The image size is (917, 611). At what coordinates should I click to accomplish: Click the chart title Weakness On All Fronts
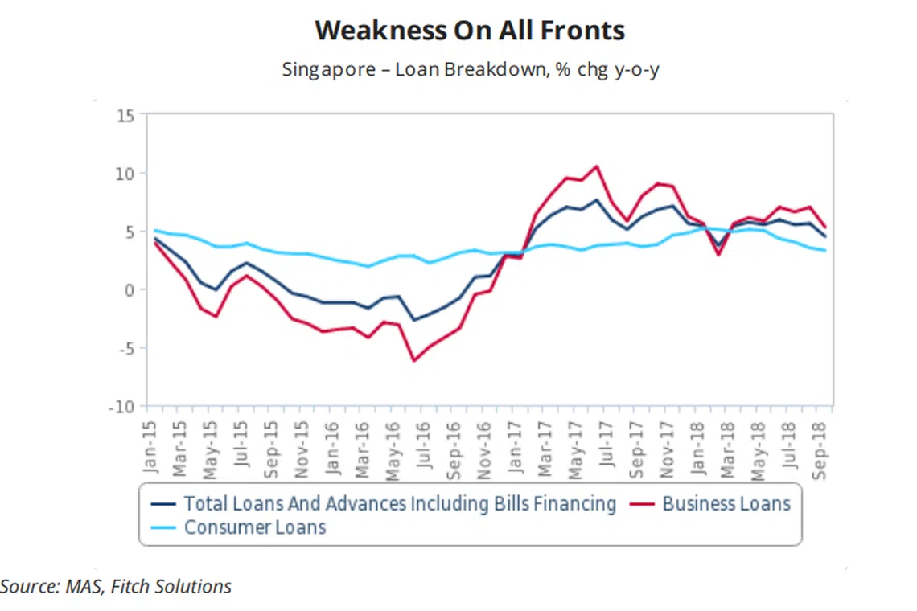pyautogui.click(x=470, y=31)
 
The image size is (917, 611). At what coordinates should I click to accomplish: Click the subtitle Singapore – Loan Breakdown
pyautogui.click(x=471, y=69)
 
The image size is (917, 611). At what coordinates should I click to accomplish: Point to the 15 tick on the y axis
pyautogui.click(x=125, y=115)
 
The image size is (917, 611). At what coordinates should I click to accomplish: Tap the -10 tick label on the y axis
pyautogui.click(x=121, y=406)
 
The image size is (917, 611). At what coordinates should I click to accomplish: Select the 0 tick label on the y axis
pyautogui.click(x=130, y=289)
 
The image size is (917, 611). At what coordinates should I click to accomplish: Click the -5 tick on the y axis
pyautogui.click(x=125, y=348)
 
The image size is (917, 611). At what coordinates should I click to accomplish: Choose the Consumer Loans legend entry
pyautogui.click(x=254, y=528)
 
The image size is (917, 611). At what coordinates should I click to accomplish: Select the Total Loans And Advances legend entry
pyautogui.click(x=399, y=504)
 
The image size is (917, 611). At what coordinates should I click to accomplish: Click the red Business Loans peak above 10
pyautogui.click(x=596, y=166)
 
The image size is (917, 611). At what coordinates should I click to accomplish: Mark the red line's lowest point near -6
pyautogui.click(x=414, y=360)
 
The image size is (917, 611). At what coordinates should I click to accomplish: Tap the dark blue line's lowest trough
pyautogui.click(x=414, y=320)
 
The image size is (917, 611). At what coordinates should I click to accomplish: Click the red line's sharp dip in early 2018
pyautogui.click(x=718, y=254)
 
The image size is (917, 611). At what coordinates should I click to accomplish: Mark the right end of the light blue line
pyautogui.click(x=824, y=250)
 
